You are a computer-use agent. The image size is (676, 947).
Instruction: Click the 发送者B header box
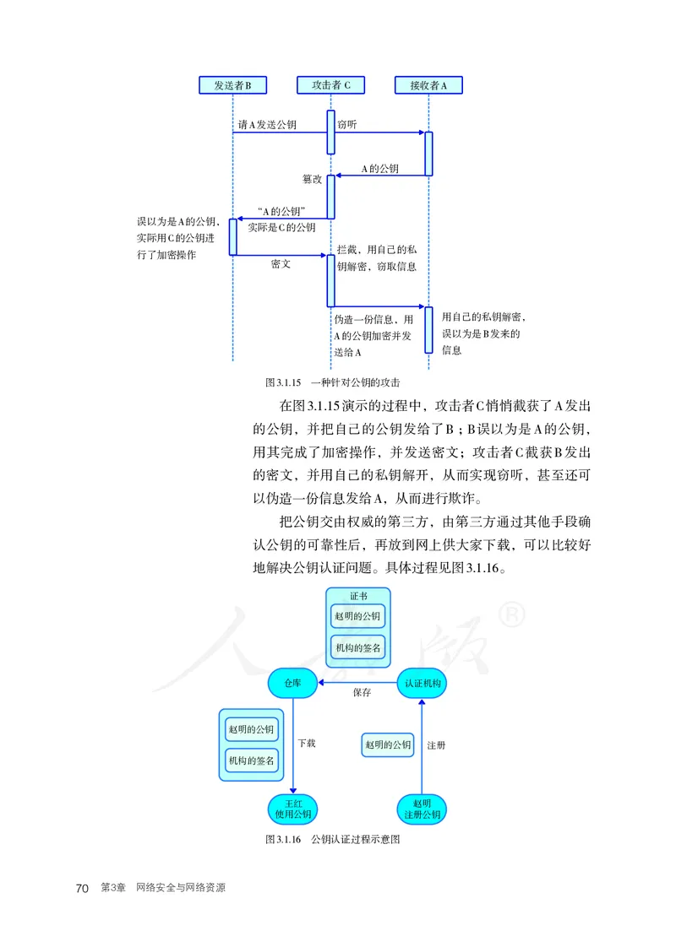(x=232, y=85)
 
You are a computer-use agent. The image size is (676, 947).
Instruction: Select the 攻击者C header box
(x=331, y=85)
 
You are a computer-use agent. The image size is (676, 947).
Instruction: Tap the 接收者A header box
(x=428, y=85)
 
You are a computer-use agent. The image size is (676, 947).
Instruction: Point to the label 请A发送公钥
(x=267, y=125)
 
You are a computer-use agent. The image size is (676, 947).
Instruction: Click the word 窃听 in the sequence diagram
(x=346, y=125)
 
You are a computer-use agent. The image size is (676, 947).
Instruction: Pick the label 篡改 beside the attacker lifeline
(x=312, y=180)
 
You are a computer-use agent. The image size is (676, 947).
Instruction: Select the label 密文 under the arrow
(x=281, y=264)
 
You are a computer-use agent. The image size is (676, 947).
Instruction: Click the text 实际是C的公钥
(x=281, y=227)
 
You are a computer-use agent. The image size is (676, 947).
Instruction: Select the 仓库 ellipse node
(x=292, y=682)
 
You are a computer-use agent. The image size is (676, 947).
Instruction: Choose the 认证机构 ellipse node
(x=422, y=682)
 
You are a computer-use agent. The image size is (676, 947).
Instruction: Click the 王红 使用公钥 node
(x=292, y=809)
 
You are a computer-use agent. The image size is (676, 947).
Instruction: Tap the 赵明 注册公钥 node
(x=422, y=809)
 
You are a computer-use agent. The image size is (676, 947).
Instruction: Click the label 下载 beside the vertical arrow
(x=307, y=744)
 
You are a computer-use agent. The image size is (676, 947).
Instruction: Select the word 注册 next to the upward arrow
(x=436, y=745)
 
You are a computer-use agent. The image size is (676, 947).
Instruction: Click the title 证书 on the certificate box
(x=358, y=596)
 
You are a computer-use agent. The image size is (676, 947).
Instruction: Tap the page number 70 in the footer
(x=82, y=889)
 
